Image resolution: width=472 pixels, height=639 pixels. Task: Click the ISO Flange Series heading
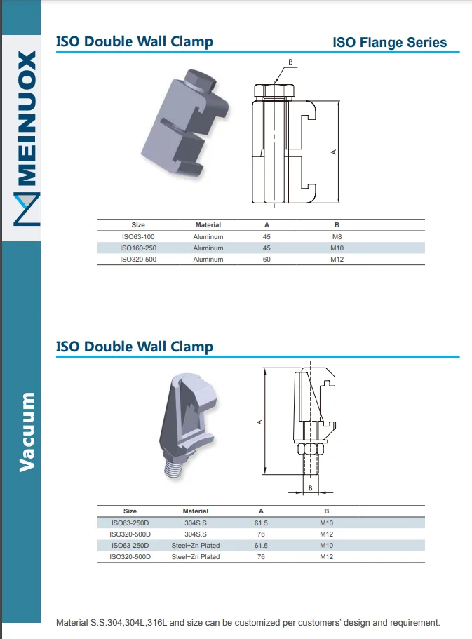point(389,42)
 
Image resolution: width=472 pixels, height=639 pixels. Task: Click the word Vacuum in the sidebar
point(27,431)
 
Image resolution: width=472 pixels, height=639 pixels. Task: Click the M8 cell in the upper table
point(337,237)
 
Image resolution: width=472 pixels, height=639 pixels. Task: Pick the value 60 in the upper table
point(267,260)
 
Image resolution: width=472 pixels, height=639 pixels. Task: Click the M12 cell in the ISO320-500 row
point(337,260)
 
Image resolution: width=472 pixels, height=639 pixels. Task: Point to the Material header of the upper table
point(208,225)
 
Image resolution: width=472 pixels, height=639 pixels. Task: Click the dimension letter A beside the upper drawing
point(334,152)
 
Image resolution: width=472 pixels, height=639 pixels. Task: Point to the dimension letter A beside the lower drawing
point(259,422)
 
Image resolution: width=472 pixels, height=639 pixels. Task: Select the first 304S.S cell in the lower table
point(195,523)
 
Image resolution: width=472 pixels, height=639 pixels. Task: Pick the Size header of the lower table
point(130,511)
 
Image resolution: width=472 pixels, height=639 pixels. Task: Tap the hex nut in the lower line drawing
point(310,449)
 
